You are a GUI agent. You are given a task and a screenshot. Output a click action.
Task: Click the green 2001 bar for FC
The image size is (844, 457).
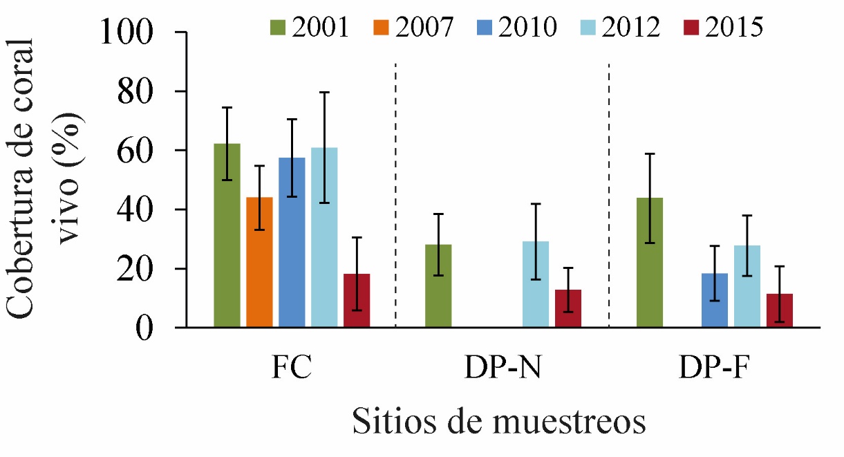(227, 235)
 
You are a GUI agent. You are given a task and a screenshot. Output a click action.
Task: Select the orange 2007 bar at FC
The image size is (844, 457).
(259, 262)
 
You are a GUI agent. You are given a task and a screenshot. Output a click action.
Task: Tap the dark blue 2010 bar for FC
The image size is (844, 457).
(292, 242)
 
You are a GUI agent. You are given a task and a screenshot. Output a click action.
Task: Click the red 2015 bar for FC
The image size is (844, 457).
(357, 300)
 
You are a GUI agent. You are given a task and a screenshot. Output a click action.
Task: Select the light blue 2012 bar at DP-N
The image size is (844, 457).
(536, 284)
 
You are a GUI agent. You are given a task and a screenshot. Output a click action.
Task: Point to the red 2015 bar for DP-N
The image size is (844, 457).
(568, 308)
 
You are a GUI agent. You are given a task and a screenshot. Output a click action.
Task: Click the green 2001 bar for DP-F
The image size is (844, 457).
(650, 262)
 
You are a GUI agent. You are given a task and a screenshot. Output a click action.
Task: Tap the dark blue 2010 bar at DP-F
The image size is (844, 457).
(715, 300)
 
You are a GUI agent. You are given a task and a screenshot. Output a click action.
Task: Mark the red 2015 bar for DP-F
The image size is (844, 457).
(780, 310)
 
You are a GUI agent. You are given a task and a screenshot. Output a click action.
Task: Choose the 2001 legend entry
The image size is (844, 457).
(310, 27)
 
